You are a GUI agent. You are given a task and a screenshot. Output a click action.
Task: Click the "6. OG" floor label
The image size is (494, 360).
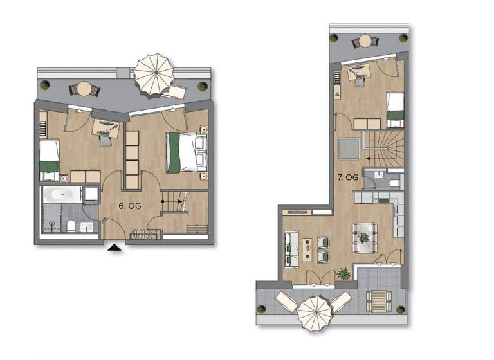click(130, 206)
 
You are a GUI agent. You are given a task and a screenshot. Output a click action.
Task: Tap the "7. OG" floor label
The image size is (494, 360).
click(348, 177)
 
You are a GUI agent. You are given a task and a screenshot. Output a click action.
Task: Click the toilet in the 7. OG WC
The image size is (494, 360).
click(394, 183)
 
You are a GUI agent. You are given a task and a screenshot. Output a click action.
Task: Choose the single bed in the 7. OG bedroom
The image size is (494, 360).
click(395, 109)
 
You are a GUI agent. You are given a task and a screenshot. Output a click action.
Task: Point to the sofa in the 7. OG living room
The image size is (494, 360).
click(290, 249)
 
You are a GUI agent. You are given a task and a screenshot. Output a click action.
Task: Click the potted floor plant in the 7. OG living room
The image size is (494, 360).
click(345, 274)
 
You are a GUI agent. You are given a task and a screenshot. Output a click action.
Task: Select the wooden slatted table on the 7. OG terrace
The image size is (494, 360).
click(380, 300)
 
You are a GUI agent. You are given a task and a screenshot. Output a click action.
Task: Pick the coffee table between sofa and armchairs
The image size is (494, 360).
click(307, 249)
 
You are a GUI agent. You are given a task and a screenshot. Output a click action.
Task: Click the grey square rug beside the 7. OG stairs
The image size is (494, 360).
click(349, 150)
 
